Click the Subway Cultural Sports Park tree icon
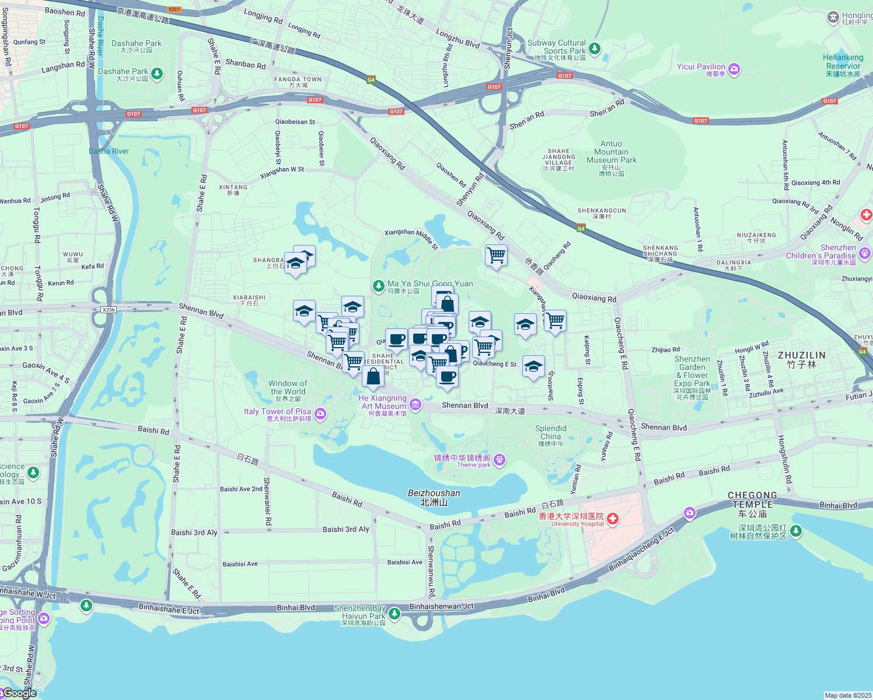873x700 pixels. (594, 48)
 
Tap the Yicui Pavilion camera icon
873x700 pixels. (734, 69)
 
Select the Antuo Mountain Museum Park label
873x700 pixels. (612, 156)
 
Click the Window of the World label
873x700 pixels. (288, 388)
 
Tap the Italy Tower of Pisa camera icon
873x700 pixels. (320, 414)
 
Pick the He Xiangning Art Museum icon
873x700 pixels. (415, 404)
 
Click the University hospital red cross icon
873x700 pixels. (612, 518)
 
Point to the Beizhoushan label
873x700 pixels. (434, 497)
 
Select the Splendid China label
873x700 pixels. (550, 432)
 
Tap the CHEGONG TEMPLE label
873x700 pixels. (752, 501)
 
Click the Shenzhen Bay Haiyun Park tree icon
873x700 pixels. (394, 613)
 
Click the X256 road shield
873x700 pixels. (109, 310)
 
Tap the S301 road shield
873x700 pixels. (174, 9)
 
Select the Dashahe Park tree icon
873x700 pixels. (156, 73)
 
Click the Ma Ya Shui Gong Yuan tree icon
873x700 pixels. (378, 285)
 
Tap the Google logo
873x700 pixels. (20, 693)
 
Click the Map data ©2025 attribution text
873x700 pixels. (847, 695)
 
